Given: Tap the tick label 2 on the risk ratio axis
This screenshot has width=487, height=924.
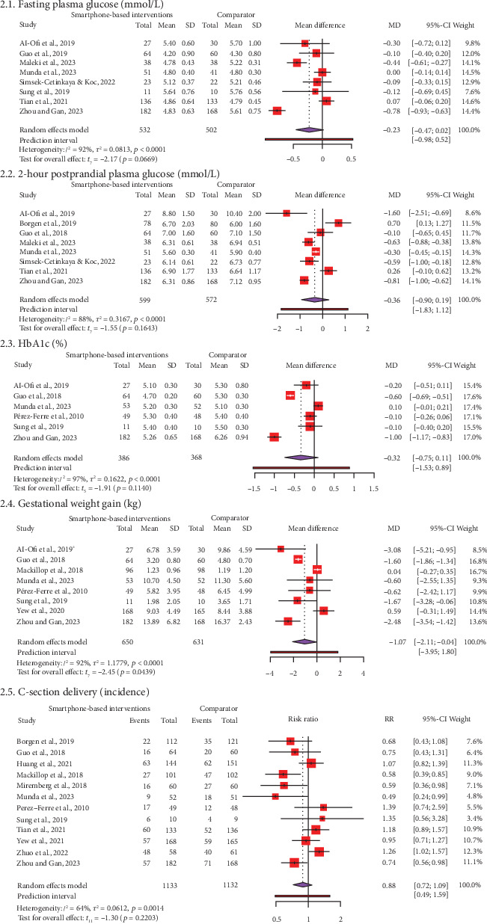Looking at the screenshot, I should tap(340, 918).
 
